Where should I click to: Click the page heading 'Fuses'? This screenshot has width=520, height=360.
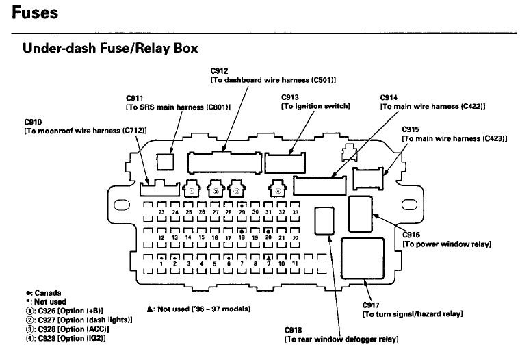(35, 13)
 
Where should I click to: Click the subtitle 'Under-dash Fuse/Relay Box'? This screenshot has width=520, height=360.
(110, 49)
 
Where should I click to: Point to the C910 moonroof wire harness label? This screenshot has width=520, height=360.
(86, 126)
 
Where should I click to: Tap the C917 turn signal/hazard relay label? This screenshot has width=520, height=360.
(412, 309)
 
